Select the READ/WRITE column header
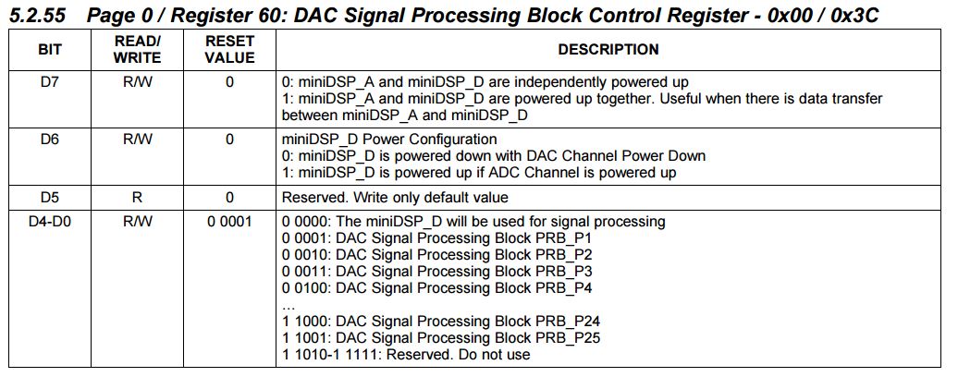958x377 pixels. click(137, 49)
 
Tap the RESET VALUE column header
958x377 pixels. click(229, 49)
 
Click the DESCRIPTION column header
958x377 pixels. click(608, 49)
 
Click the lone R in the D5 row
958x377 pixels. click(137, 198)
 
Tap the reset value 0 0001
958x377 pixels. click(229, 222)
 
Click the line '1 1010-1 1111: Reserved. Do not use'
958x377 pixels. click(406, 355)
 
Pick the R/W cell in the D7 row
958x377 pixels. click(137, 81)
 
